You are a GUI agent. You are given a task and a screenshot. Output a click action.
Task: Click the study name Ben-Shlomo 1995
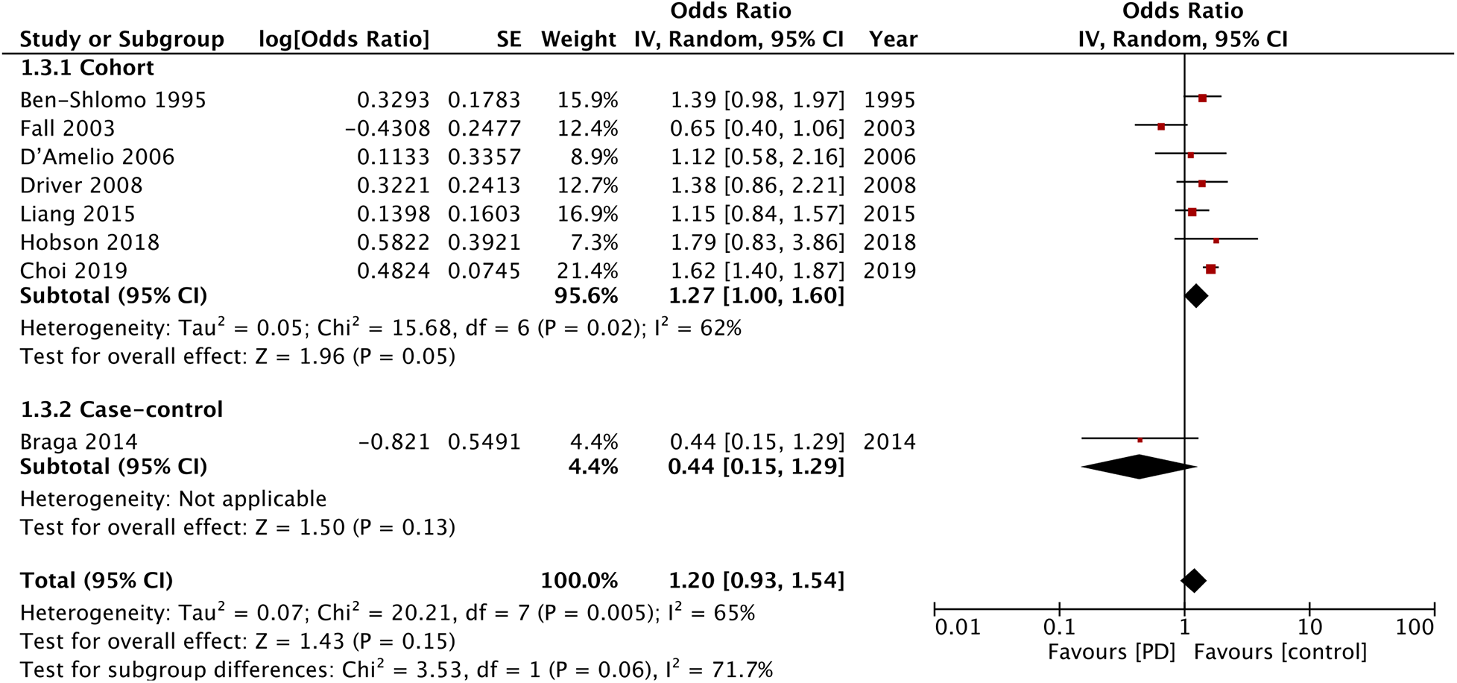[x=113, y=100]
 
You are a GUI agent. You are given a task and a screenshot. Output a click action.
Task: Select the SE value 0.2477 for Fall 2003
[x=484, y=128]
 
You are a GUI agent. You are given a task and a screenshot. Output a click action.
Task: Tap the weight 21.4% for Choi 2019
[x=587, y=271]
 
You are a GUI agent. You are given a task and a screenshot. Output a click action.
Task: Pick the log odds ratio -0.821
[x=394, y=442]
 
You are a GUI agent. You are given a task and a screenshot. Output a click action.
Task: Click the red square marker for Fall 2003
[x=1161, y=127]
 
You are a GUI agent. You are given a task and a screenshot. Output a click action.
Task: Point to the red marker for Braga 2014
[x=1140, y=441]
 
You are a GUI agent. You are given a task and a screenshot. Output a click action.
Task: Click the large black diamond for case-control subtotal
[x=1139, y=468]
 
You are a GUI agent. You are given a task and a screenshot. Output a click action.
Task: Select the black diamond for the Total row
[x=1194, y=581]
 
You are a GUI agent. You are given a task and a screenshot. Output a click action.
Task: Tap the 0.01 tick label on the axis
[x=958, y=628]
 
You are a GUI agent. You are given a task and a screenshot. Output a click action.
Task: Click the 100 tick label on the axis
[x=1414, y=628]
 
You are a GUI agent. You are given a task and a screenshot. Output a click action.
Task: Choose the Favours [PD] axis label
[x=1111, y=652]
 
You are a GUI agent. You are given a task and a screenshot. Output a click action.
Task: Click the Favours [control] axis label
[x=1280, y=652]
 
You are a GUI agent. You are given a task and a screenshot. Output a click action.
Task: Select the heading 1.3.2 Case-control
[x=121, y=410]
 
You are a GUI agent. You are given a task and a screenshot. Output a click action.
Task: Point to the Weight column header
[x=578, y=40]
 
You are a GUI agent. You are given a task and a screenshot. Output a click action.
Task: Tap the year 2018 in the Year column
[x=889, y=242]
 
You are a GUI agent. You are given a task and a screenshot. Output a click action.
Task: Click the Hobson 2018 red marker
[x=1216, y=241]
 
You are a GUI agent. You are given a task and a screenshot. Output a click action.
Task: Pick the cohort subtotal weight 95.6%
[x=586, y=296]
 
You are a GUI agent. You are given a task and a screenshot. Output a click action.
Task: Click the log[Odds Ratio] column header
[x=344, y=40]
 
